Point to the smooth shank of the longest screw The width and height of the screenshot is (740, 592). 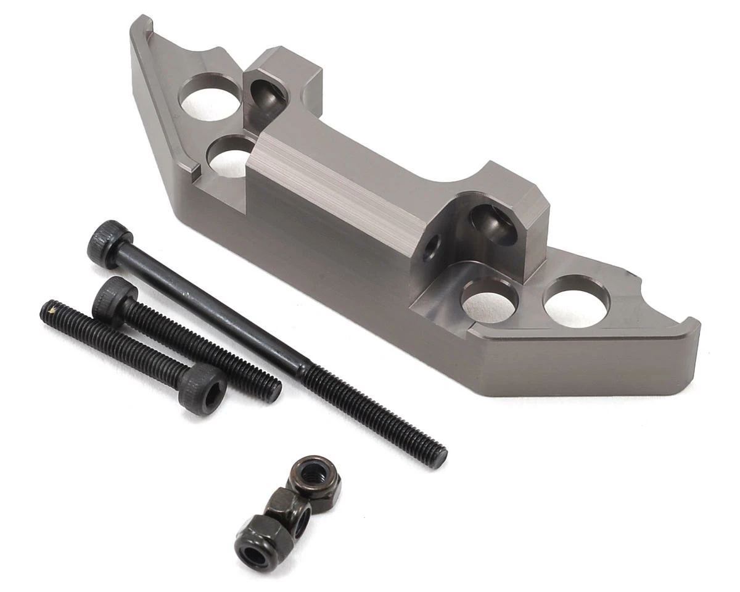coord(210,308)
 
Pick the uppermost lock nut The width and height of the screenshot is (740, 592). coord(313,475)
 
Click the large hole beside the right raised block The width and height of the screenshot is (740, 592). coord(490,300)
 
